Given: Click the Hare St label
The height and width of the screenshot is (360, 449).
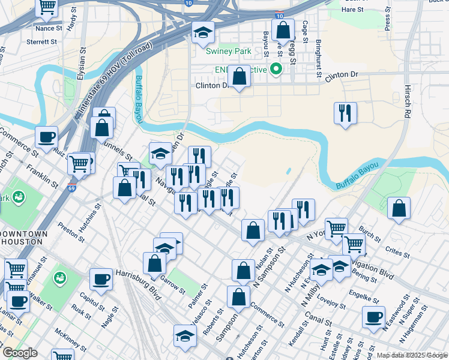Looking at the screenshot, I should pos(352,10).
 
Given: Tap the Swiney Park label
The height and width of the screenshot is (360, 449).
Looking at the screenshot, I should pos(228,52).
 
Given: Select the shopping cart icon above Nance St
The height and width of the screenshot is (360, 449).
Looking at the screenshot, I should pos(46,7).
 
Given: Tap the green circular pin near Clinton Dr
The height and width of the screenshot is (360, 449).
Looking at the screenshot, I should pos(276,69).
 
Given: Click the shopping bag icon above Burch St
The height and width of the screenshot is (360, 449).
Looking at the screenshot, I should pos(399,208).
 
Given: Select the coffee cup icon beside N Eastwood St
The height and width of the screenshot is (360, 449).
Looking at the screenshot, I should pos(373,317).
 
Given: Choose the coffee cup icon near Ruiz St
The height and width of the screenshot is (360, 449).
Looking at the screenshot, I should pos(46,137).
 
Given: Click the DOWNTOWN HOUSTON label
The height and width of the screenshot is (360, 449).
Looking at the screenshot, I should pos(22,237).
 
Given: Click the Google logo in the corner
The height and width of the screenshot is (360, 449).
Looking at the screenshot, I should pos(20,353).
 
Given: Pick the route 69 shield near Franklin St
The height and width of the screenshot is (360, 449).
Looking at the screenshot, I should pos(72,188).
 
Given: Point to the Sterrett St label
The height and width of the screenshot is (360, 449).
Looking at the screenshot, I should pos(41,42).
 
